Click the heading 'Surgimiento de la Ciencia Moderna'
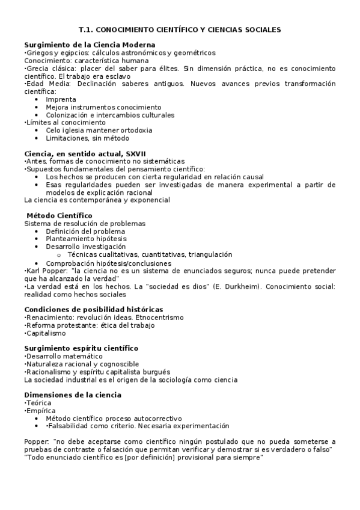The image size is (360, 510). [x=90, y=45]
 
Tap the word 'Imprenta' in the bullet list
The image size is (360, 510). [x=61, y=99]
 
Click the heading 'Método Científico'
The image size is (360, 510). [x=59, y=215]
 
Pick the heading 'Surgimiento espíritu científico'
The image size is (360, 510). [x=81, y=348]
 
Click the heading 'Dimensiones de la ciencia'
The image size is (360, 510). [x=73, y=395]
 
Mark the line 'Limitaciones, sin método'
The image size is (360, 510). [x=87, y=138]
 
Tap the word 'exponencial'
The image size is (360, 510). [x=149, y=200]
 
